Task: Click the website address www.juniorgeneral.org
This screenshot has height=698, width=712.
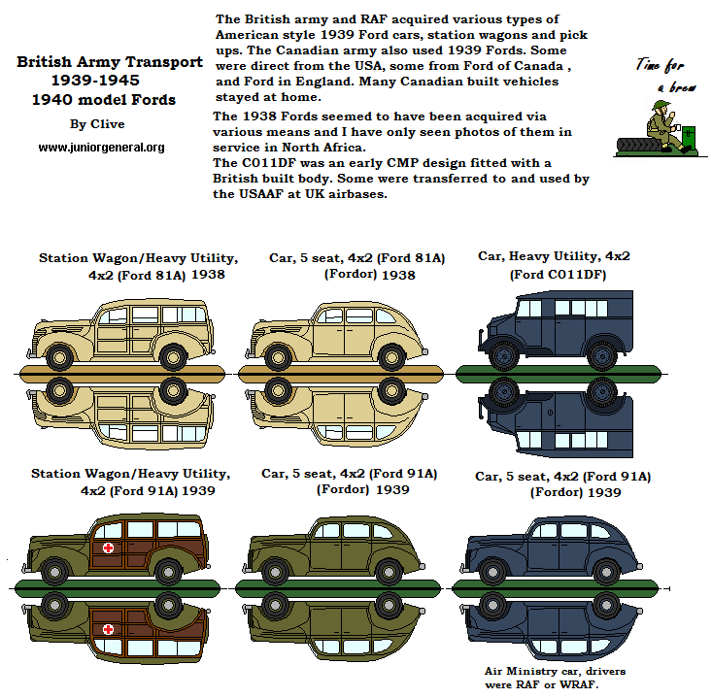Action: [x=101, y=148]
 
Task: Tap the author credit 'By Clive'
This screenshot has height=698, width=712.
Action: [x=91, y=124]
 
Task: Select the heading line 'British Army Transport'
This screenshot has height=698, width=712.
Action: [x=110, y=62]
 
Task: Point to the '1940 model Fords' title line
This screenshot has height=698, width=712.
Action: [x=103, y=99]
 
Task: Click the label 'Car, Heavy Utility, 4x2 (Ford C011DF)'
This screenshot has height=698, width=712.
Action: [x=554, y=265]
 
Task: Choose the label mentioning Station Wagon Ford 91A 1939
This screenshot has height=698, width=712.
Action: [x=130, y=482]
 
